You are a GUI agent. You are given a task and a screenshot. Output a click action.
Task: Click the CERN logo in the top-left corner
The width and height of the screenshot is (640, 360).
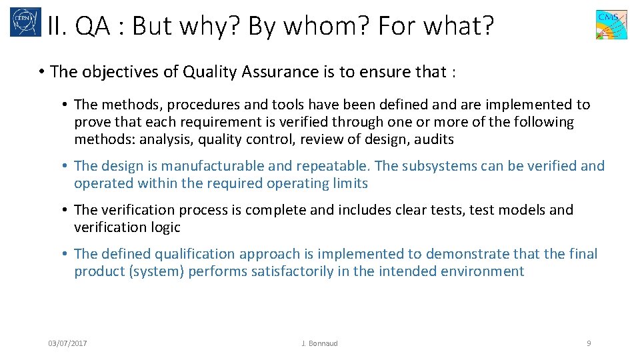click(25, 22)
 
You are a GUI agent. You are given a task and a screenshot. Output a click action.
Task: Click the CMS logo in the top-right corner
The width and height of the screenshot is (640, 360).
click(611, 25)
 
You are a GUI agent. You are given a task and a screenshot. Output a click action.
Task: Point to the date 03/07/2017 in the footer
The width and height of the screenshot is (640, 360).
click(67, 343)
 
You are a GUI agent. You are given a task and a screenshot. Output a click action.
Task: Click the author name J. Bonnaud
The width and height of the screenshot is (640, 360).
click(319, 343)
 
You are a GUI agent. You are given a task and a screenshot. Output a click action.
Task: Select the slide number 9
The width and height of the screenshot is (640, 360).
click(588, 343)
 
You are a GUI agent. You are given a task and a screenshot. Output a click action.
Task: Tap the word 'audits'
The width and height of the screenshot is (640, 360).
click(434, 139)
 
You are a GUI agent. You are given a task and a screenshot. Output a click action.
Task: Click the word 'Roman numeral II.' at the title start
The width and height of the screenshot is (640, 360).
click(57, 26)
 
